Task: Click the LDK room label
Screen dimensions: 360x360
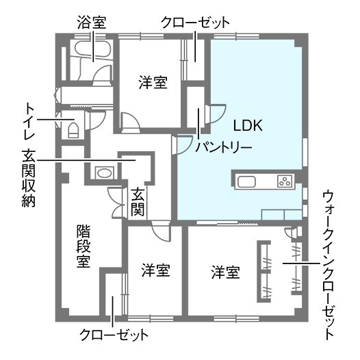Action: pos(248,125)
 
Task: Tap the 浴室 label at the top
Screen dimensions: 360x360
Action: pos(92,23)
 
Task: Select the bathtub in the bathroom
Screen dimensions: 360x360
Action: pos(93,49)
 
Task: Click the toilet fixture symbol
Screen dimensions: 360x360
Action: pos(73,130)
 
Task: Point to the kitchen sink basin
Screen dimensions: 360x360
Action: pos(246,182)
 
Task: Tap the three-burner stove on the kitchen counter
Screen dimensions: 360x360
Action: pos(285,181)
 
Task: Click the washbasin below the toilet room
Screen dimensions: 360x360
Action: pos(104,172)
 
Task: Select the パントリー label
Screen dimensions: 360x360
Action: pos(224,147)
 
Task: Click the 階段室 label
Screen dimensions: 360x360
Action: pos(83,246)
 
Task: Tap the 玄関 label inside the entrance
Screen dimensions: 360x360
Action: pos(138,202)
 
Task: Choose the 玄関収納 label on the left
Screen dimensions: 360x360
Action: pos(29,179)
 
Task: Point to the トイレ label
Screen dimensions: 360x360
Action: pos(29,121)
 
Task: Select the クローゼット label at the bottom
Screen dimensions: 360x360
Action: pos(114,335)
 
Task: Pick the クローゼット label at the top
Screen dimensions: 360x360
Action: pos(195,23)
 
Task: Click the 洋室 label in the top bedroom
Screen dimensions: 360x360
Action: pos(153,82)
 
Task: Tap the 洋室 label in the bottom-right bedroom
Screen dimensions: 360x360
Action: pos(226,272)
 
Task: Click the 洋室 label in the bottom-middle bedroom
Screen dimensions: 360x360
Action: pos(155,270)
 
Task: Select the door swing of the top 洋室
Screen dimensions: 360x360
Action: pos(131,123)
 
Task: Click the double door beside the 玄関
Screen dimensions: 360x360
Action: pos(118,203)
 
